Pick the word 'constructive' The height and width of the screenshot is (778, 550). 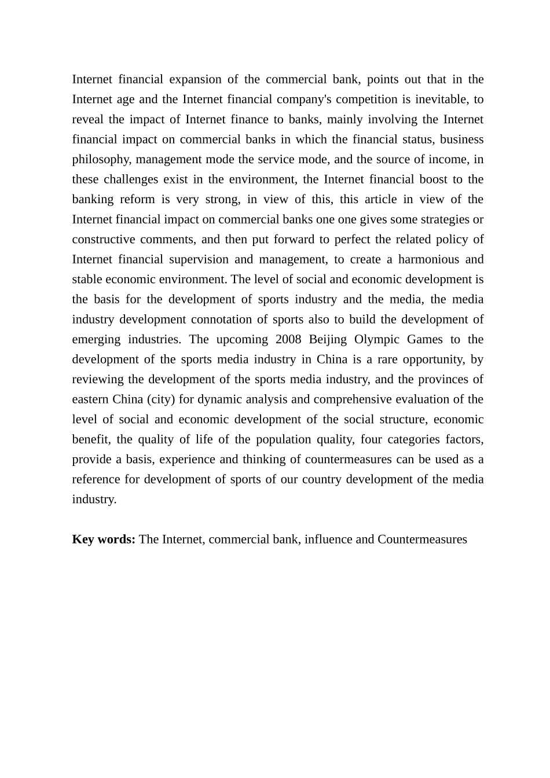(104, 240)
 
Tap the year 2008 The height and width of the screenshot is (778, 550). (288, 339)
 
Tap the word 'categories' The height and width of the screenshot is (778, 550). (414, 439)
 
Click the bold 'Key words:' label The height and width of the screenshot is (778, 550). (104, 540)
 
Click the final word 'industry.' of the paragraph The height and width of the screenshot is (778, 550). (94, 500)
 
